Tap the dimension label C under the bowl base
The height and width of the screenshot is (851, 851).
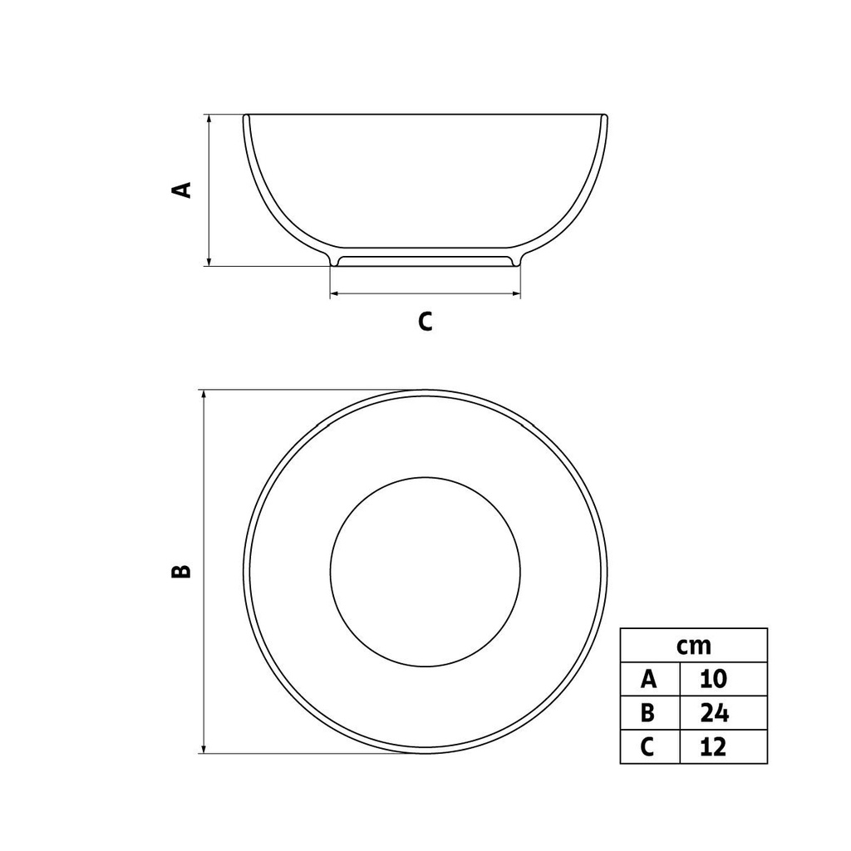425,322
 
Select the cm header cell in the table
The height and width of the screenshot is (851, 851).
694,646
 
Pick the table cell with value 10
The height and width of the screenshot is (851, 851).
724,679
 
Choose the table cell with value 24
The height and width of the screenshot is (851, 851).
724,712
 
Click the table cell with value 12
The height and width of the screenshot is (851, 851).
724,747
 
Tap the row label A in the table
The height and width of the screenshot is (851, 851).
650,679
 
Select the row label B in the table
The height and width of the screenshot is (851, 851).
650,712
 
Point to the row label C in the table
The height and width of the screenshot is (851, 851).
650,747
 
